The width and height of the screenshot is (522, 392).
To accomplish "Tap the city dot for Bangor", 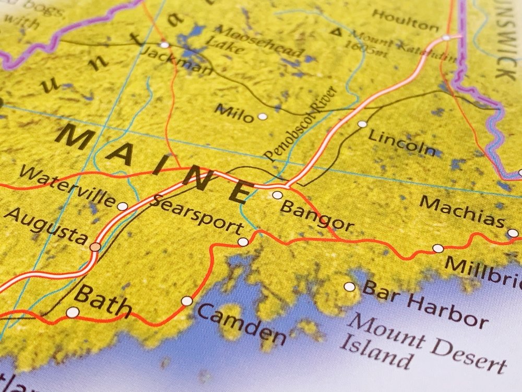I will [x=277, y=195].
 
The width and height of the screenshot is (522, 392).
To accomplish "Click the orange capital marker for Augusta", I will [x=95, y=247].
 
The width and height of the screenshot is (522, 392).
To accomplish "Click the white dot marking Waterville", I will [x=122, y=206].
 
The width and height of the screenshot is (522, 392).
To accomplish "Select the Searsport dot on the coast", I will [x=243, y=241].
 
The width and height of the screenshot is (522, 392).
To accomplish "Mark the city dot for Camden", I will [x=186, y=301].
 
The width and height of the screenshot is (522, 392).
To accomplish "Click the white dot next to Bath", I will [x=73, y=313].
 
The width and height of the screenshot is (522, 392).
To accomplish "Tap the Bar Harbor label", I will [x=425, y=303].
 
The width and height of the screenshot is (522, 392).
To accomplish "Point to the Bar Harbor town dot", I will [x=349, y=286].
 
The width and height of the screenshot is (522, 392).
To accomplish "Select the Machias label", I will [x=462, y=211].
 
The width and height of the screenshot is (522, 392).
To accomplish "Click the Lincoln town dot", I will [x=362, y=124].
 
